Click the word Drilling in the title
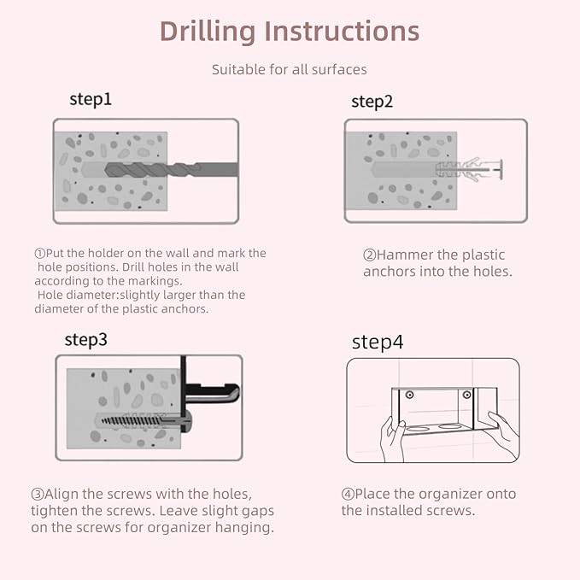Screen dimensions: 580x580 (208, 32)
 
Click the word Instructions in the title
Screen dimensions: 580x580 (342, 31)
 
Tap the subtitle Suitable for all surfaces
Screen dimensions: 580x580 (290, 69)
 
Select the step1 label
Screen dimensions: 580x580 (91, 100)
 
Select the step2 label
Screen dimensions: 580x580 (372, 103)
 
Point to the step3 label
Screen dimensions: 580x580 (85, 340)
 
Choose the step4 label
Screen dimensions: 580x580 (378, 343)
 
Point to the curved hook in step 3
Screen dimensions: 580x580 (212, 393)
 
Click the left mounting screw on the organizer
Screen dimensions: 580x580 (409, 395)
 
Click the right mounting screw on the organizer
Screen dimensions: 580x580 (466, 395)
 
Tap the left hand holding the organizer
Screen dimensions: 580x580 (393, 439)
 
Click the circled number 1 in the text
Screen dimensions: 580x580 (39, 254)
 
